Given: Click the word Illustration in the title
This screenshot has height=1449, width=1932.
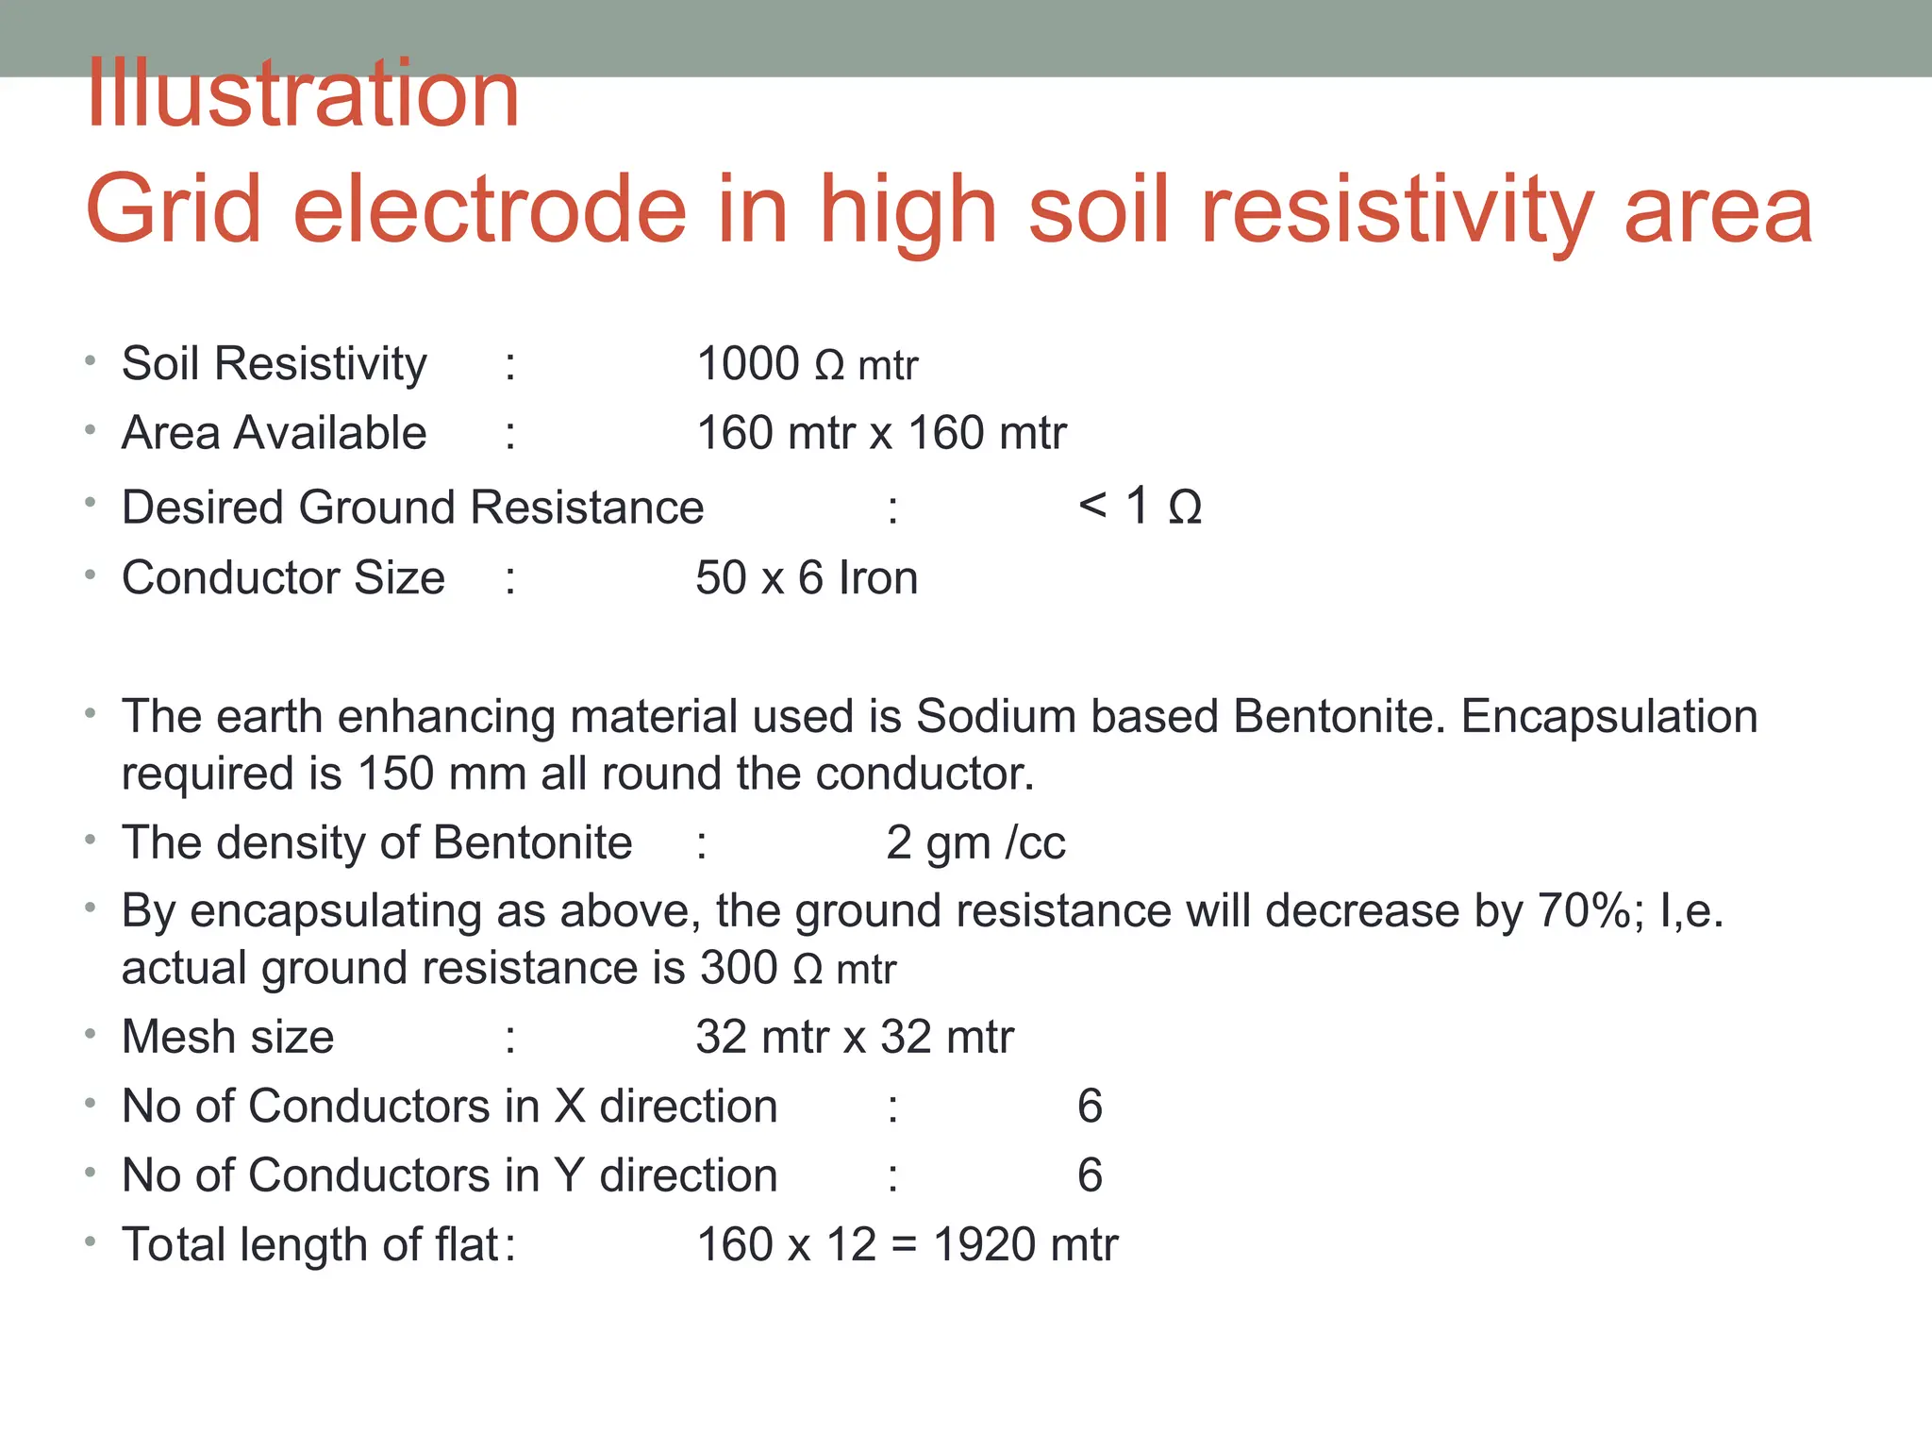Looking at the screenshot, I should point(303,94).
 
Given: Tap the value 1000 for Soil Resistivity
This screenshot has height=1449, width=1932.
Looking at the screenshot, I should point(747,364).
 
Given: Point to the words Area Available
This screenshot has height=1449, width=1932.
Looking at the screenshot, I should point(275,434).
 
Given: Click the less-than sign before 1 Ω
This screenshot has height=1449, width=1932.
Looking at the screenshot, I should point(1091,507).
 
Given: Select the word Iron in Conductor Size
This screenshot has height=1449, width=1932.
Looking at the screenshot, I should point(877,578).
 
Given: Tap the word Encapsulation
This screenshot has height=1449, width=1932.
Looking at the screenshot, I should point(1609,716).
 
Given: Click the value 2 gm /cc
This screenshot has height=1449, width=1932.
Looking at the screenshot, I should point(975,842).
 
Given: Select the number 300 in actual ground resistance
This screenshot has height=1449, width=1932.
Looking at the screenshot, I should point(739,968).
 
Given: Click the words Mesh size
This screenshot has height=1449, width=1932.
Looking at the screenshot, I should point(228,1037).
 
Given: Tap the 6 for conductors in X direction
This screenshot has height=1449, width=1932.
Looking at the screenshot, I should point(1090,1106).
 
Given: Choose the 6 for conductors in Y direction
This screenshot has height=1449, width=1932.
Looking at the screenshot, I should point(1090,1175).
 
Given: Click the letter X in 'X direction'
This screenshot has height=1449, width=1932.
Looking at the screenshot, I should point(570,1106).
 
